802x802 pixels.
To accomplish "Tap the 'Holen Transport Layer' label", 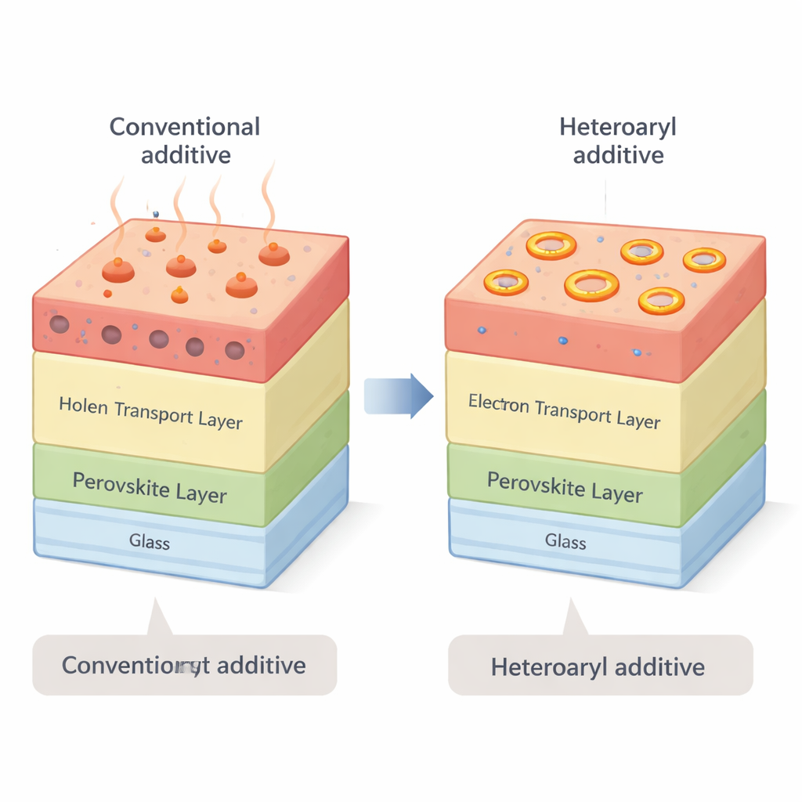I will (150, 413).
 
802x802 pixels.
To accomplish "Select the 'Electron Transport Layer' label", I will (564, 412).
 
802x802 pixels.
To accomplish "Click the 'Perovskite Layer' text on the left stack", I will (150, 487).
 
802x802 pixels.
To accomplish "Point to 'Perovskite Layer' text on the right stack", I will (565, 486).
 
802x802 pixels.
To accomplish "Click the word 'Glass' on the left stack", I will (149, 541).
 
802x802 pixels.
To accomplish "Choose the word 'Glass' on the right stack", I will (565, 540).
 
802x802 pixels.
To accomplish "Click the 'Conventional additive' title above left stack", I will (185, 139).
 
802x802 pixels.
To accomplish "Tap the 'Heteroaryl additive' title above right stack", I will (618, 140).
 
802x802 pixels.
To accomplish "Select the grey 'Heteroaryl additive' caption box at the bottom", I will (600, 666).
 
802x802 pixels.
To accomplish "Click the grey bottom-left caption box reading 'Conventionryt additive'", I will (184, 665).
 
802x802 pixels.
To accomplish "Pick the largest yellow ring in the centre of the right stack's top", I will (591, 285).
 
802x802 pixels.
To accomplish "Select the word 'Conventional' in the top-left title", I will (185, 126).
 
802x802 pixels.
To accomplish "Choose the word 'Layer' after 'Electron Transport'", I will (638, 421).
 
